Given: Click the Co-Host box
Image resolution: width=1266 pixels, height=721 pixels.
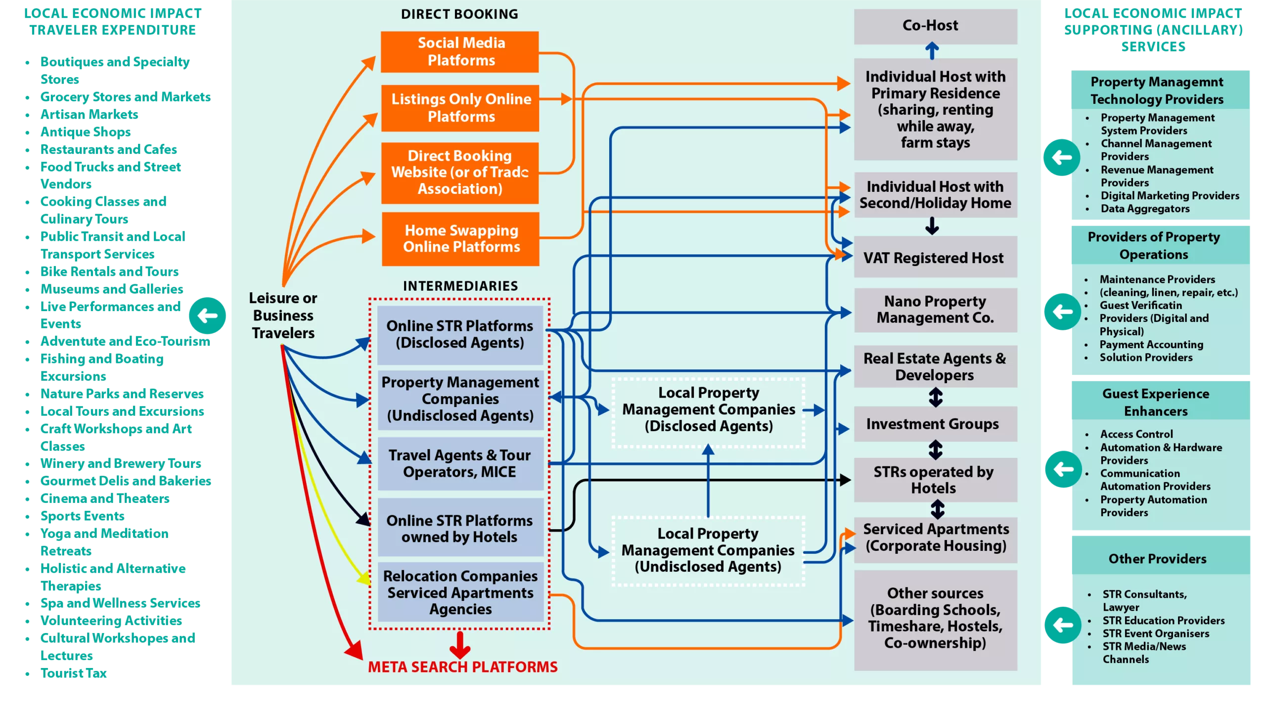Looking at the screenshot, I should (x=935, y=26).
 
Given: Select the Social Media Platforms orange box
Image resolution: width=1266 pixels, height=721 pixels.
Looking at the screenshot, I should (x=459, y=51).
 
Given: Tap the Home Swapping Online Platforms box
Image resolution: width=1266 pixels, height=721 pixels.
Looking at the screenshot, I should (x=460, y=239).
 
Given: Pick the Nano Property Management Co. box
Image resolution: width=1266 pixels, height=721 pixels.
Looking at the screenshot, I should (x=935, y=310).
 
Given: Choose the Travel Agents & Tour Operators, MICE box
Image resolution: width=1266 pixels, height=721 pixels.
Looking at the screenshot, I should (x=460, y=463).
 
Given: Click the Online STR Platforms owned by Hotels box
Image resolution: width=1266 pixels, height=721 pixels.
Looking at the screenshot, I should (x=460, y=528).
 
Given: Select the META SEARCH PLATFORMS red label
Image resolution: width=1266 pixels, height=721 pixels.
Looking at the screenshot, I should (x=462, y=667).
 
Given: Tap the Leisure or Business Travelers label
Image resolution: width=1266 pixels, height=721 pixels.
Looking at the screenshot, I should (x=283, y=315).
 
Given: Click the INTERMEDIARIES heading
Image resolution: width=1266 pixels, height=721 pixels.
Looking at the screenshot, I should (x=460, y=286).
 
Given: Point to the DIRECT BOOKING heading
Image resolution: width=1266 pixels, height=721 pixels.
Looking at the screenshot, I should (x=459, y=14).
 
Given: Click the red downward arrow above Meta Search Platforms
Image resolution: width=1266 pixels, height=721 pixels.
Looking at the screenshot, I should (x=460, y=645).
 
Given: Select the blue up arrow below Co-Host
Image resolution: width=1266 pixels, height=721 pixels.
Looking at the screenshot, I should (x=932, y=50).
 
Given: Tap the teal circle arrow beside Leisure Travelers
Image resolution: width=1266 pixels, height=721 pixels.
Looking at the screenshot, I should (x=207, y=315).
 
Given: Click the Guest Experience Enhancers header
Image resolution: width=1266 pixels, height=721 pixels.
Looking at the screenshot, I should (x=1156, y=402).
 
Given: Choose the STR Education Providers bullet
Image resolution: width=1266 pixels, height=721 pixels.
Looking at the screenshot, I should (x=1163, y=621).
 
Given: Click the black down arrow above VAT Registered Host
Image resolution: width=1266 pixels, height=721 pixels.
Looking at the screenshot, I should (x=932, y=226).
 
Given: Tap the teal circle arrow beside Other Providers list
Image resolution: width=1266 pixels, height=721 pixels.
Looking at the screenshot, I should (x=1063, y=625).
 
